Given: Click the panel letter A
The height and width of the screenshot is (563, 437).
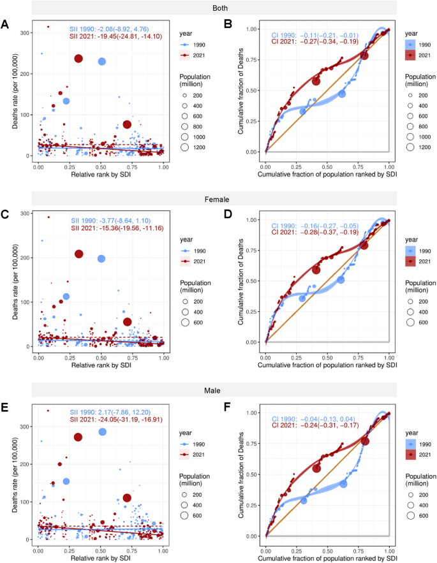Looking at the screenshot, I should point(5,26).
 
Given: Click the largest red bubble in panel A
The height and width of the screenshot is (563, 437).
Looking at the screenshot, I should point(78,59).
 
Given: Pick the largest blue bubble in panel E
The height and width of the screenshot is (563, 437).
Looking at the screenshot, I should point(102,432).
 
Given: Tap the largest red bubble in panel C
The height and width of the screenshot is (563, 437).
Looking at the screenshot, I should point(79,254).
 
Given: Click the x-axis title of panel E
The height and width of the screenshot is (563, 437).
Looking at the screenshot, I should point(101,559).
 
